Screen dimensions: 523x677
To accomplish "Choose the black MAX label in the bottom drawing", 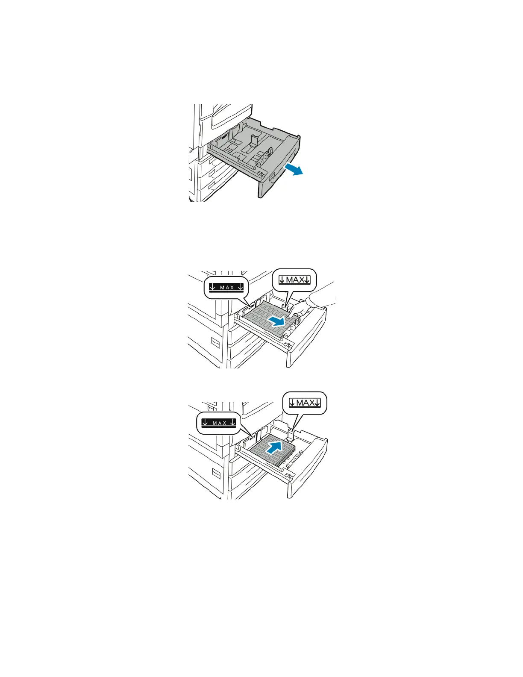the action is click(x=219, y=423).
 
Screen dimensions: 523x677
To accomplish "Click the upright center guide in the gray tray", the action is click(x=253, y=143).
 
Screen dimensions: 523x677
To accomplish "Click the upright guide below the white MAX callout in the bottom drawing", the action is click(x=291, y=435).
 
